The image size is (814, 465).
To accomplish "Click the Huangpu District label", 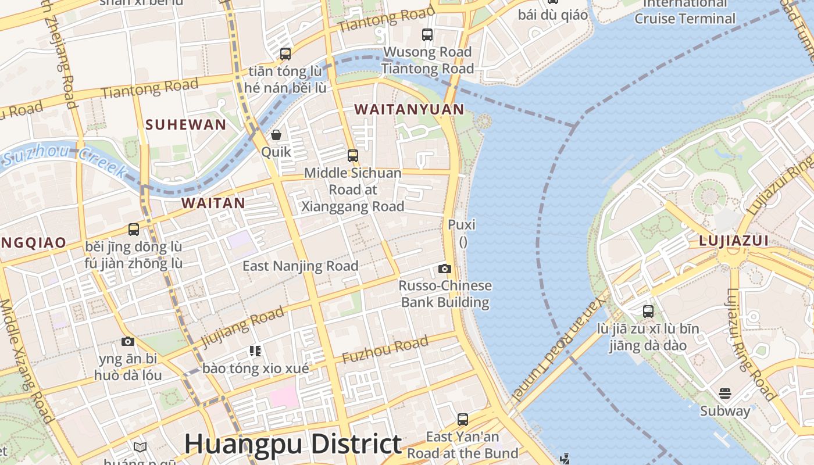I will (292, 444).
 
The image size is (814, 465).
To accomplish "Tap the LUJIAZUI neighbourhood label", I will (733, 241).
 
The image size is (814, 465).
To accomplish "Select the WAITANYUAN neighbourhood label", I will (409, 109).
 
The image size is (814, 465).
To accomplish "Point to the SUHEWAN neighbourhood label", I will (185, 124).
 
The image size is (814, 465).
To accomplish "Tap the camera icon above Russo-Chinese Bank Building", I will (445, 269).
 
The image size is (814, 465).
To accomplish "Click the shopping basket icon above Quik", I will (276, 135).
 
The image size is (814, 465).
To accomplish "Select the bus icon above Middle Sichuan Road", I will (353, 156).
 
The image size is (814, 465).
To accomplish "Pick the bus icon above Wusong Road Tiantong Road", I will (427, 35).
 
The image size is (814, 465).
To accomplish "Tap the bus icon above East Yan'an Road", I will (463, 419).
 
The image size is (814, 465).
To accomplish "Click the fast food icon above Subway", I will (724, 394).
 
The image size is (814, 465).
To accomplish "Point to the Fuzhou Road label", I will (385, 350).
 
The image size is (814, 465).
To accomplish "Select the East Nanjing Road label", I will (300, 266).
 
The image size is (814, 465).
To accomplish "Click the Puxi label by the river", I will (462, 224).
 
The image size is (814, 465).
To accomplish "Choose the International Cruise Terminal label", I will (685, 12).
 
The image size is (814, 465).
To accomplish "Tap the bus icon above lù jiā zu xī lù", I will (648, 312).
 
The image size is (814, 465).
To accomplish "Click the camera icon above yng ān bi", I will (128, 341).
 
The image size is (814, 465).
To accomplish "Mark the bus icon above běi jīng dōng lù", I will (134, 230).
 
